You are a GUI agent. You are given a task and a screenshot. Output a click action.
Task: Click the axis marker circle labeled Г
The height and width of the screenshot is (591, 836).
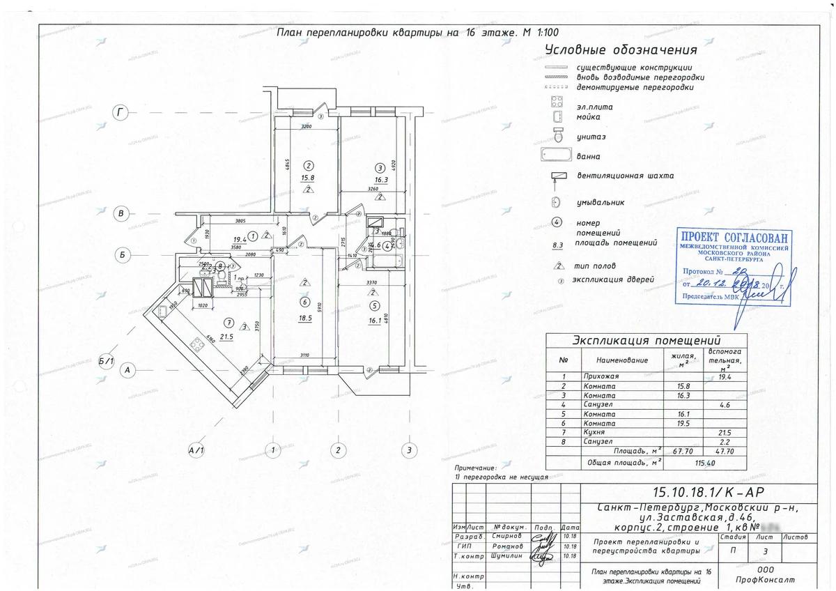click(x=121, y=112)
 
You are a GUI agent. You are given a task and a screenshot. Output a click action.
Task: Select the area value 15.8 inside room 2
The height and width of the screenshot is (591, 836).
click(x=308, y=178)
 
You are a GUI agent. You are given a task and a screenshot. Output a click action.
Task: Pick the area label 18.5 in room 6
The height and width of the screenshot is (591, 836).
click(x=304, y=317)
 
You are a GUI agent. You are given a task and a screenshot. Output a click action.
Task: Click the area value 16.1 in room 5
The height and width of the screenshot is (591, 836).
click(x=375, y=322)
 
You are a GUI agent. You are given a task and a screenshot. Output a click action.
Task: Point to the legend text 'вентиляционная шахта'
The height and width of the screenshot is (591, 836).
click(x=625, y=176)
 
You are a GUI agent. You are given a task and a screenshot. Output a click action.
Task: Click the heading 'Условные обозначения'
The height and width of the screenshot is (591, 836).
click(x=621, y=51)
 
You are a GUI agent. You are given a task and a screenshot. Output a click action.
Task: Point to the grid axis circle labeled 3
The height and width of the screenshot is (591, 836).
click(x=410, y=450)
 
